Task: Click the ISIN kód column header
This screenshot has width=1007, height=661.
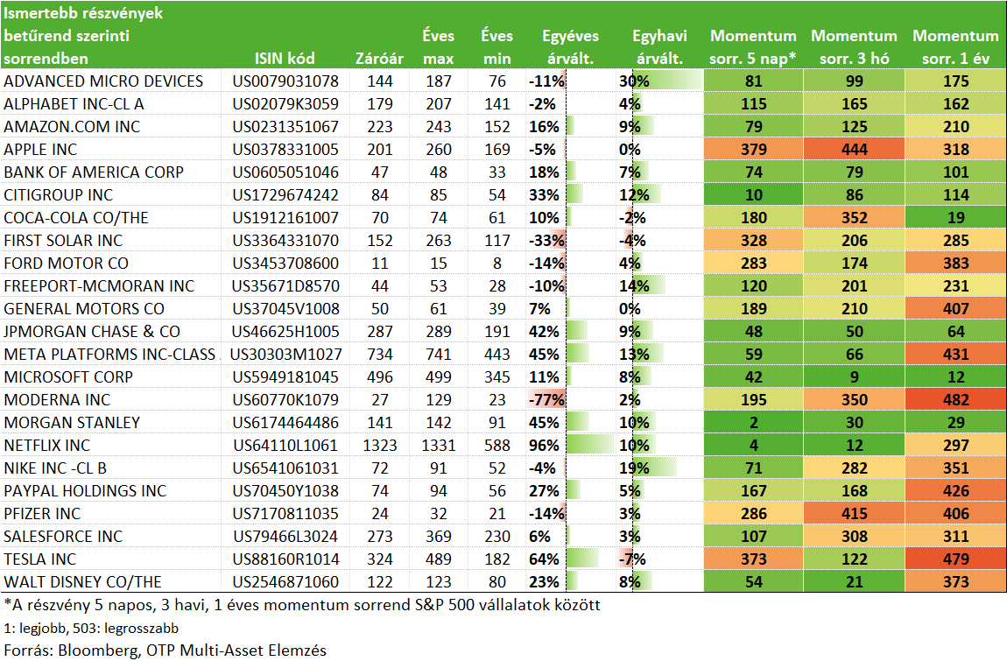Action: coord(285,59)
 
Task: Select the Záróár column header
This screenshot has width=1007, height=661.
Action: coord(379,59)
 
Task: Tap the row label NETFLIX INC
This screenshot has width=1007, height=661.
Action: coord(47,445)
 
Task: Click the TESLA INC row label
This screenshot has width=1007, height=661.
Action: coord(39,559)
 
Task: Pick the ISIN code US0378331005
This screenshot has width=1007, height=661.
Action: coord(285,149)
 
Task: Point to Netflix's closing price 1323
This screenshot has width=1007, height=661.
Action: coord(379,445)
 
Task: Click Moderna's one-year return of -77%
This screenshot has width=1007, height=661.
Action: coord(546,399)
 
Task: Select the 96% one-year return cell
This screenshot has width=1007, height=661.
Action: coord(544,445)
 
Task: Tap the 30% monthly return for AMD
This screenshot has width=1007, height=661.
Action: coord(634,81)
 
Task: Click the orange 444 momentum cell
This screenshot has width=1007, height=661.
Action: coord(854,149)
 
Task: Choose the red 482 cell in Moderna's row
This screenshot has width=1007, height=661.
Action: coord(955,399)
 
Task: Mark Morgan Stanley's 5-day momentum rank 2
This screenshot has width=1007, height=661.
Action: coord(753,423)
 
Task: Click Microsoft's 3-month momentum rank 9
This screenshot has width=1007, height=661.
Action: coord(854,377)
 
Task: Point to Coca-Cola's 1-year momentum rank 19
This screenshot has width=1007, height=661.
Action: coord(955,218)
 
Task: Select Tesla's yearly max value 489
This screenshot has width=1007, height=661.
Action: coord(438,559)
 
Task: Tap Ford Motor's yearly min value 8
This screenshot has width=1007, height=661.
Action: coord(497,264)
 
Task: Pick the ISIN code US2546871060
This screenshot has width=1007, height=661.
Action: coord(285,582)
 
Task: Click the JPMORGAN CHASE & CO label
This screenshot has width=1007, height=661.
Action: coord(92,332)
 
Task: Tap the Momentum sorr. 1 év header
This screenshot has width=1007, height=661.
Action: coord(955,47)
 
